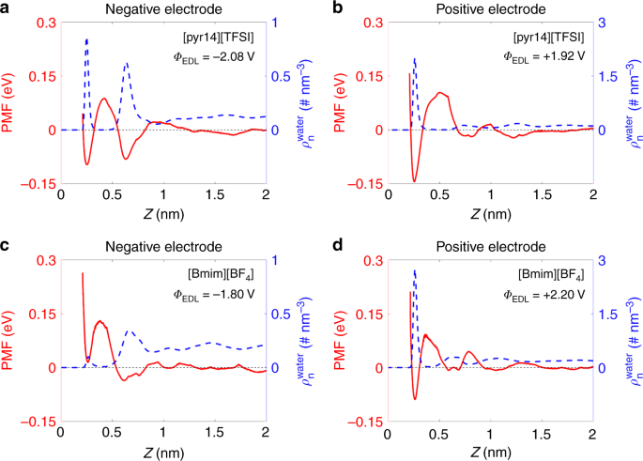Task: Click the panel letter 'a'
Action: [x=8, y=8]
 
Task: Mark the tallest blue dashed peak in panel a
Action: [x=87, y=40]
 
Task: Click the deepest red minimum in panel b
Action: [x=414, y=180]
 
